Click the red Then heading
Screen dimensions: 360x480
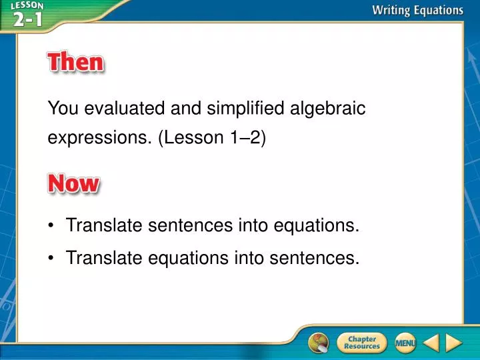[75, 63]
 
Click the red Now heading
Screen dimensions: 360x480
[73, 183]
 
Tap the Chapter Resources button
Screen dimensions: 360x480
[361, 343]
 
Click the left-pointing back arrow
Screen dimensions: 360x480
[431, 343]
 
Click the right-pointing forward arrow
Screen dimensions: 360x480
[454, 343]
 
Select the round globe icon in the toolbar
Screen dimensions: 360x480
[319, 343]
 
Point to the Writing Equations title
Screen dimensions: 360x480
[417, 10]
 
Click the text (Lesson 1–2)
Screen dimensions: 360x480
[211, 138]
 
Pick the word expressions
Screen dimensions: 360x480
[99, 138]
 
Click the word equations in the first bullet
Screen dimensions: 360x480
[317, 226]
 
